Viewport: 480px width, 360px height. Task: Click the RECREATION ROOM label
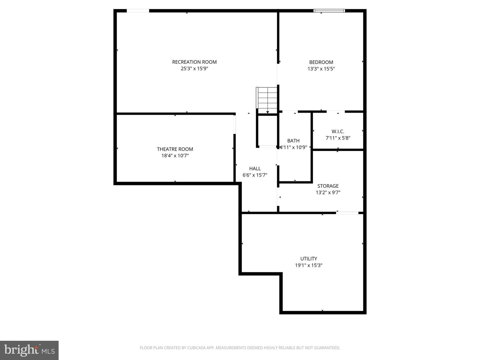(194, 62)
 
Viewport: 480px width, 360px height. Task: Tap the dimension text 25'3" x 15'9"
(194, 69)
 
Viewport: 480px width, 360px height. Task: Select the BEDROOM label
(321, 62)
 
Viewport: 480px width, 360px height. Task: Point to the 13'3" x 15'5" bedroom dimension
(321, 69)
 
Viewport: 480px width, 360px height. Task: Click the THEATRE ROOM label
(175, 149)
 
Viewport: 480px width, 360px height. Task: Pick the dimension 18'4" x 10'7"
(175, 156)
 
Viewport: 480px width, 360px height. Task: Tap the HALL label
(255, 169)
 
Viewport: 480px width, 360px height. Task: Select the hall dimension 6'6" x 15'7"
(255, 175)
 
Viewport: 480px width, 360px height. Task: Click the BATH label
(293, 141)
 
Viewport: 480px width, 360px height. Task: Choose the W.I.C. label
(338, 131)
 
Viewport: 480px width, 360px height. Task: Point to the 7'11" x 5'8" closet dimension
(338, 138)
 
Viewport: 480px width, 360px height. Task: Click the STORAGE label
(328, 186)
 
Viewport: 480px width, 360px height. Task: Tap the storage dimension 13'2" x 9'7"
(328, 193)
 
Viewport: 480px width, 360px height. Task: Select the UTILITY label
(309, 259)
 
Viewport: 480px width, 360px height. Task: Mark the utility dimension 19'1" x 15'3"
(309, 265)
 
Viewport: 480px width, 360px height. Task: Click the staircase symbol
(267, 98)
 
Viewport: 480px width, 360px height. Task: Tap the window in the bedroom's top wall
(329, 11)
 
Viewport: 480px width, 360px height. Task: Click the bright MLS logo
(29, 350)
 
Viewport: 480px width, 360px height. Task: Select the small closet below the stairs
(267, 131)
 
